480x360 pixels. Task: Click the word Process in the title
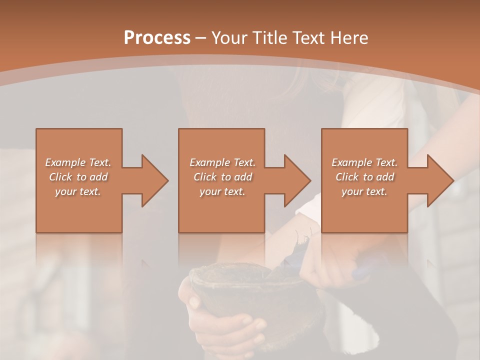pyautogui.click(x=157, y=38)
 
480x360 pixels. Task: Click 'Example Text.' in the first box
pyautogui.click(x=78, y=162)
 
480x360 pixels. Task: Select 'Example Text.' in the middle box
pyautogui.click(x=222, y=162)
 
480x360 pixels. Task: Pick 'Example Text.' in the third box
pyautogui.click(x=364, y=162)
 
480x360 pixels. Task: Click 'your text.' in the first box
pyautogui.click(x=78, y=191)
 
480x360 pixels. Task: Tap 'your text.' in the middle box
pyautogui.click(x=222, y=191)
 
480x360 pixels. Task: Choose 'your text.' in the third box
pyautogui.click(x=364, y=191)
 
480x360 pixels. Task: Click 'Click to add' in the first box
pyautogui.click(x=78, y=177)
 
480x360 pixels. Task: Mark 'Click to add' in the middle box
pyautogui.click(x=222, y=177)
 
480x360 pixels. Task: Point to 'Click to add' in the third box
pyautogui.click(x=364, y=177)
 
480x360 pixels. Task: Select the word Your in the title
pyautogui.click(x=229, y=38)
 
